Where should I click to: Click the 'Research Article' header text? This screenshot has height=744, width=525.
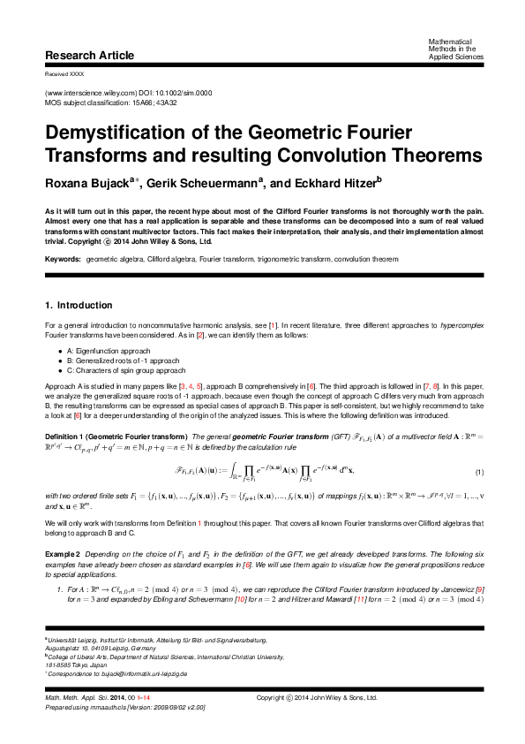tap(89, 56)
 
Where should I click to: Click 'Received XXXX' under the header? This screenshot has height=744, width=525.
tap(64, 74)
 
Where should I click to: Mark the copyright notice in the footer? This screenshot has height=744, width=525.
tap(332, 723)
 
